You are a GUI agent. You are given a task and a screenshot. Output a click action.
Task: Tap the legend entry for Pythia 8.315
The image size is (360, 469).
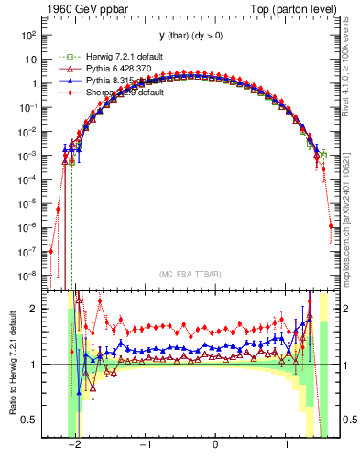pyautogui.click(x=103, y=80)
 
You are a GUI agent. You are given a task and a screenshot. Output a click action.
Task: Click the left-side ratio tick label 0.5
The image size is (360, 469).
pyautogui.click(x=30, y=420)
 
